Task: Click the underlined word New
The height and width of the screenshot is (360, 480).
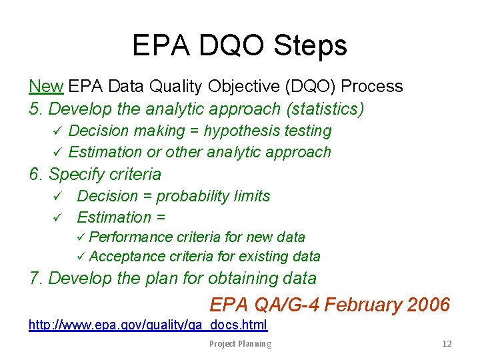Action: coord(46,87)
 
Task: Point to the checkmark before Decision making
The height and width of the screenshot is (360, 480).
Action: coord(58,131)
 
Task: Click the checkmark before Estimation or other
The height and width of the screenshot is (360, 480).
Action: coord(58,153)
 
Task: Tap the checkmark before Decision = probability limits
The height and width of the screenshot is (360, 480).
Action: coord(58,197)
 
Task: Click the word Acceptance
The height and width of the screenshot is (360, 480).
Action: coord(127,257)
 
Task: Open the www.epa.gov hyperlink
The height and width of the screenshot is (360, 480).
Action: coord(147,325)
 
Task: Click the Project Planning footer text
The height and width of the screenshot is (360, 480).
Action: coord(240,344)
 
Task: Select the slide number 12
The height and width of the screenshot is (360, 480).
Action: coord(447,344)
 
